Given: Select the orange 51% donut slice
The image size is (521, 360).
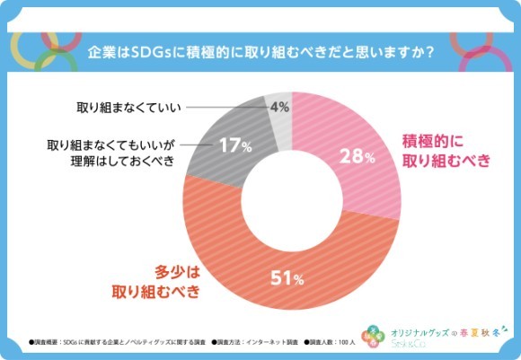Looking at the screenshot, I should pos(269,269).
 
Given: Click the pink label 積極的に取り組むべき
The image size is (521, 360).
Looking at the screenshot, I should pos(446,151).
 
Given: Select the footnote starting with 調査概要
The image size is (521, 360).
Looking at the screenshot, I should pos(117,342).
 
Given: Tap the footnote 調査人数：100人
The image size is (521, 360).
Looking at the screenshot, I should pos(331,342).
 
